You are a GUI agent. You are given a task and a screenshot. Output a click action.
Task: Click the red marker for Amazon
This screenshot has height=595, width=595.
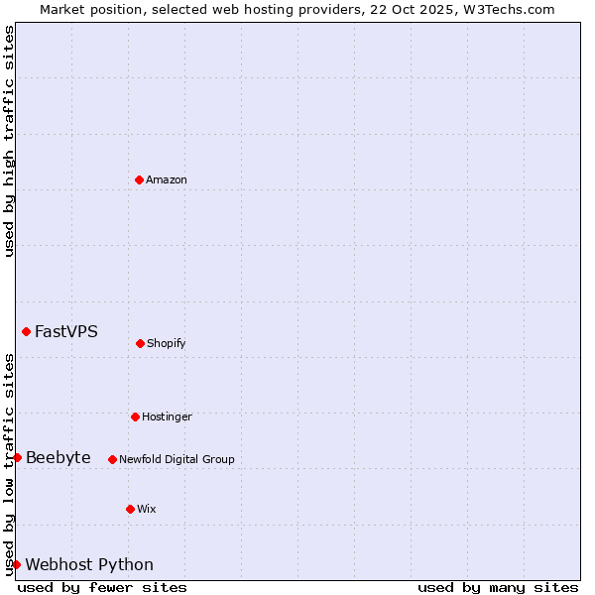[139, 179]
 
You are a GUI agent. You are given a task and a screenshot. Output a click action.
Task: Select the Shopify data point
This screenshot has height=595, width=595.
[140, 343]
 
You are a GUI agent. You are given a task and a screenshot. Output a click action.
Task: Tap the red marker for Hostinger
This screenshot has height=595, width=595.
[135, 416]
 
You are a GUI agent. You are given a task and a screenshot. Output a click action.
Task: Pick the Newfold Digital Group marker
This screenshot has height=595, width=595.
[112, 459]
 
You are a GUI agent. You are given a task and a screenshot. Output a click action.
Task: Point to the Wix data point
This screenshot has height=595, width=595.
[130, 509]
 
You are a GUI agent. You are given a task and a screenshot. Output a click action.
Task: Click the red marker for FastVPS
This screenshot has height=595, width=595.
[26, 331]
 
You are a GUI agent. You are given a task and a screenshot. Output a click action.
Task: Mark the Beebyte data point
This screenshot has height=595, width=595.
[17, 457]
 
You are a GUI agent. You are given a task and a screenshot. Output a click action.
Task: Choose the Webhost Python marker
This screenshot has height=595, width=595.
[16, 564]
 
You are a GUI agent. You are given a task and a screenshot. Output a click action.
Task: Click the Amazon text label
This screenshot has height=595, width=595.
[167, 179]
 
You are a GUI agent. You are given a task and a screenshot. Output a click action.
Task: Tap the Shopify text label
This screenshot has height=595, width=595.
[167, 343]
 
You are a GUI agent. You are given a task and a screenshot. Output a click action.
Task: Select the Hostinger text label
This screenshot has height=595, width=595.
[167, 416]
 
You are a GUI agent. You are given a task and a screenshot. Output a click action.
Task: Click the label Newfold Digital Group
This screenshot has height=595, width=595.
[177, 459]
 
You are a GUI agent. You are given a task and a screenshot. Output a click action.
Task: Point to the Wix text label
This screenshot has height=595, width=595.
[147, 509]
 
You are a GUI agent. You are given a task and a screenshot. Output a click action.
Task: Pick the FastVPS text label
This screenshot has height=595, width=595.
[66, 331]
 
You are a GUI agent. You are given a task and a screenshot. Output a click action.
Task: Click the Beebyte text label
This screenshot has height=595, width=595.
[59, 457]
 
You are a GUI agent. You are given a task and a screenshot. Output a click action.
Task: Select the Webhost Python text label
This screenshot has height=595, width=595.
[89, 564]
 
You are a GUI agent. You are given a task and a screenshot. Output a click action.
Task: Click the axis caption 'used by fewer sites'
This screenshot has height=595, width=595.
[102, 587]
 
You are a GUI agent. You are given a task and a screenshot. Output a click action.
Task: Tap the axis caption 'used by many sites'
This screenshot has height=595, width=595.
[498, 587]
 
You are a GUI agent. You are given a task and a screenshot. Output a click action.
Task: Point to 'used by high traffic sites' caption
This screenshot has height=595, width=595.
[9, 141]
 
